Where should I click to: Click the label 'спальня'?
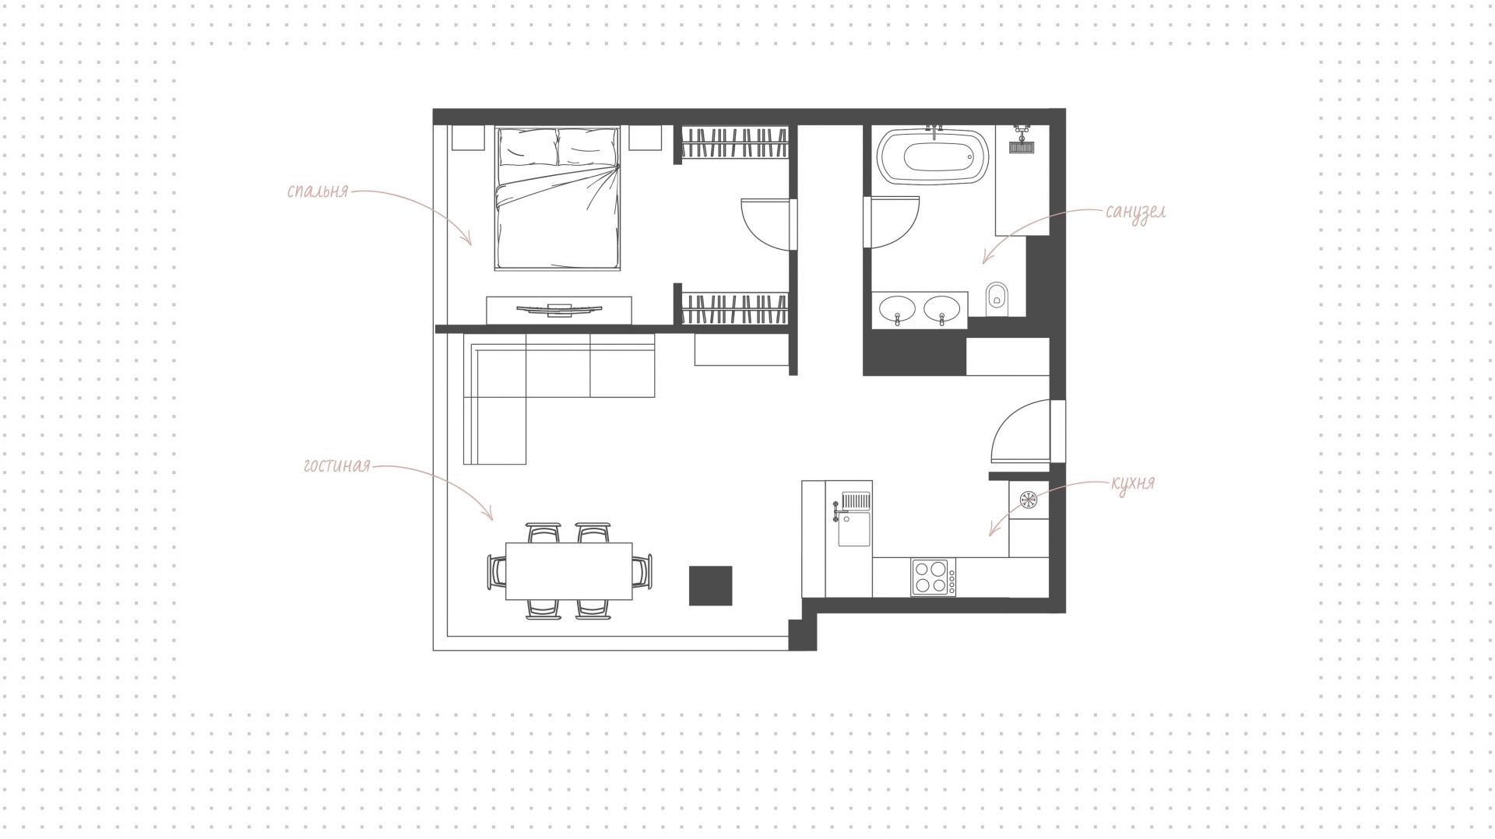[317, 191]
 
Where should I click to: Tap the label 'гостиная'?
[336, 466]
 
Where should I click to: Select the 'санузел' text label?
[1135, 212]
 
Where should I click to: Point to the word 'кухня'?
[1133, 483]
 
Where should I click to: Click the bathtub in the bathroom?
[933, 156]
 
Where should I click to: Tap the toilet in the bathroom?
[997, 300]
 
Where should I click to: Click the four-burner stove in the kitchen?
[934, 577]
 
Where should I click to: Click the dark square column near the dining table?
[710, 585]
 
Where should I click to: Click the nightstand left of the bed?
[467, 139]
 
